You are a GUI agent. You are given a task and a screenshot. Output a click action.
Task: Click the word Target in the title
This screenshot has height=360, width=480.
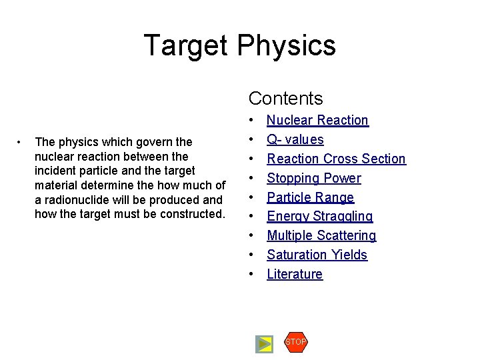coord(186,45)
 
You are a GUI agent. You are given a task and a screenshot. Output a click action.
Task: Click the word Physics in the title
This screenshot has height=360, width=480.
coord(285,45)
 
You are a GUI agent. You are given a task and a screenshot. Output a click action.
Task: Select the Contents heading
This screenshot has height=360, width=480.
coord(285,99)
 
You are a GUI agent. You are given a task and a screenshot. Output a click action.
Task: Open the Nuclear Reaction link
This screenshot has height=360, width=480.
coord(317,121)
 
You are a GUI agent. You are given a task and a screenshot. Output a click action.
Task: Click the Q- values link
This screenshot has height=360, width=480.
coord(295,140)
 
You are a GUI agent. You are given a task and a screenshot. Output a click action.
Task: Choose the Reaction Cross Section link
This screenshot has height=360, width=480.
coord(336,159)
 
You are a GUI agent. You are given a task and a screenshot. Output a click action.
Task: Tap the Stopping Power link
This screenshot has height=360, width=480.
coord(314,179)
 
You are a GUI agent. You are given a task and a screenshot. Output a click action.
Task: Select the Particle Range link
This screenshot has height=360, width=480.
coord(310,198)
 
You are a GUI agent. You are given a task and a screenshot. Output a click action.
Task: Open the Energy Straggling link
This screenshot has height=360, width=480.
coord(320,217)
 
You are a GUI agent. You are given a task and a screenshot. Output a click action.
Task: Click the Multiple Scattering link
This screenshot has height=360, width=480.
coord(321,236)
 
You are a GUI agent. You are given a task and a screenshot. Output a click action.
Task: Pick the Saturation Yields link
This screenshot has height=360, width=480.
coord(317,255)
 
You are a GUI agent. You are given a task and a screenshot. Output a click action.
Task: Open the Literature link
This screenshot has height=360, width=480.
coord(295,275)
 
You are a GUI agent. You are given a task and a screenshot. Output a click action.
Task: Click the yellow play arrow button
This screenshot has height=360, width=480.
coord(265,344)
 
